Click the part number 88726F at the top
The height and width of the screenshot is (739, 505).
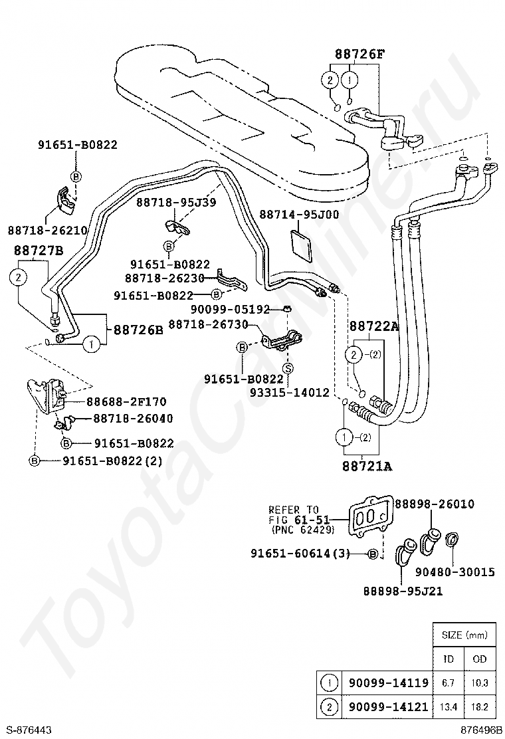pyautogui.click(x=359, y=54)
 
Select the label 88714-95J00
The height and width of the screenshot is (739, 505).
pyautogui.click(x=298, y=215)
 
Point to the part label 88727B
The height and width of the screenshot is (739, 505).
pyautogui.click(x=38, y=250)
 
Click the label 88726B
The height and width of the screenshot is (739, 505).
pyautogui.click(x=138, y=329)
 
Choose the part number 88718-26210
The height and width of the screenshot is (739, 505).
pyautogui.click(x=48, y=230)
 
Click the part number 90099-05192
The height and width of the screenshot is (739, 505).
pyautogui.click(x=230, y=309)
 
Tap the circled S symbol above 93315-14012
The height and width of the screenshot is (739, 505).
pyautogui.click(x=288, y=368)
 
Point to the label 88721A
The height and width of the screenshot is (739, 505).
pyautogui.click(x=367, y=466)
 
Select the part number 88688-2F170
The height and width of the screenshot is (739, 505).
pyautogui.click(x=126, y=401)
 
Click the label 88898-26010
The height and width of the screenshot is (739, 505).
pyautogui.click(x=434, y=504)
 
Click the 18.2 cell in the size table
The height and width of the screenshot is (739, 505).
pyautogui.click(x=479, y=706)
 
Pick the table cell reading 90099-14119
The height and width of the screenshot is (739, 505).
pyautogui.click(x=385, y=683)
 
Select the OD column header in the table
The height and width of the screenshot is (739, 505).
pyautogui.click(x=479, y=659)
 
